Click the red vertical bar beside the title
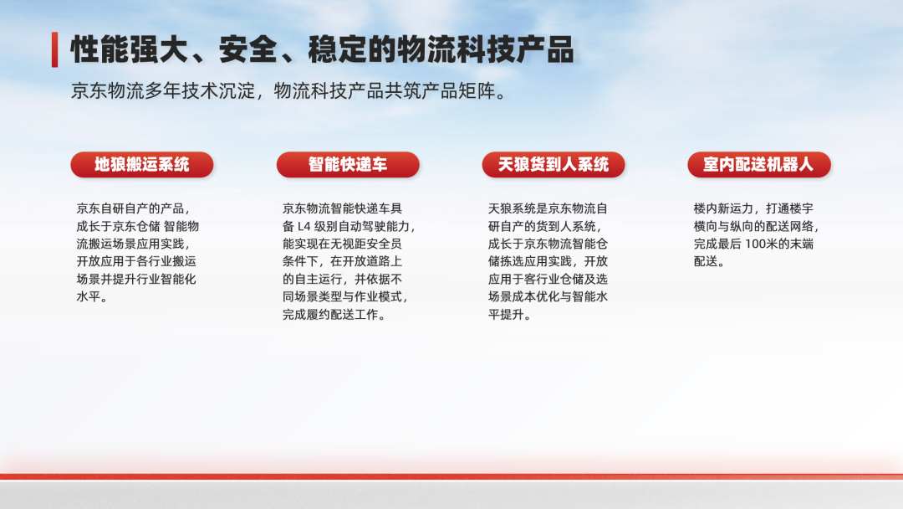pyautogui.click(x=54, y=49)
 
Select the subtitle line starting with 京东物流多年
pyautogui.click(x=288, y=91)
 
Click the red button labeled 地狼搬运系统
pyautogui.click(x=142, y=165)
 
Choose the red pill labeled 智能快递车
pyautogui.click(x=348, y=165)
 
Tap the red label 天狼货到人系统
pyautogui.click(x=554, y=165)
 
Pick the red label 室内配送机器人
pyautogui.click(x=759, y=165)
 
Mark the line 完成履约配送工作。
pyautogui.click(x=334, y=315)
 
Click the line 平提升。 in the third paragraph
pyautogui.click(x=510, y=315)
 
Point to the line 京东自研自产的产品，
pyautogui.click(x=134, y=208)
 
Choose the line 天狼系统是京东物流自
pyautogui.click(x=548, y=208)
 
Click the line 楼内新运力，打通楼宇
pyautogui.click(x=753, y=208)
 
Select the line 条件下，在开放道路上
pyautogui.click(x=342, y=262)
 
